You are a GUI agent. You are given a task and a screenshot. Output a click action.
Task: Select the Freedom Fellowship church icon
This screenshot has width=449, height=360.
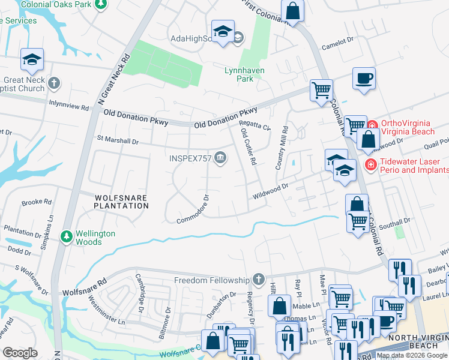coord(259,280)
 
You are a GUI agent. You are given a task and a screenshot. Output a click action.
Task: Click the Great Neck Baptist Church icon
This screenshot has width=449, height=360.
coord(53,82)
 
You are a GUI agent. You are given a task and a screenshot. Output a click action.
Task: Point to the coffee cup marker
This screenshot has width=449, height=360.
coord(364,78)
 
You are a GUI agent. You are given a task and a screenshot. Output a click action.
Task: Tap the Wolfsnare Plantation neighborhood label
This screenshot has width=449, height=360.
coord(121,201)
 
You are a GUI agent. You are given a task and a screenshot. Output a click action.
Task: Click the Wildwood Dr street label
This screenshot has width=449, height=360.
coord(271,191)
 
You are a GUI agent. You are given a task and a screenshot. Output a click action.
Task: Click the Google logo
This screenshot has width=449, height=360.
coord(20,353)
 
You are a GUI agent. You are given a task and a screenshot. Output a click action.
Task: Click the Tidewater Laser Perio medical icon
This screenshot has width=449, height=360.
coord(370,164)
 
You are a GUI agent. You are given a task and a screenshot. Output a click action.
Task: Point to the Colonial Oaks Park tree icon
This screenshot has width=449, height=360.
coord(101,4)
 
